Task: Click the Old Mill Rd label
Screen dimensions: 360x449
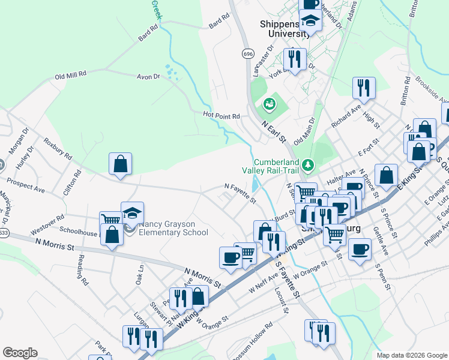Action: [x=71, y=75]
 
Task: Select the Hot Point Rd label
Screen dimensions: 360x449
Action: [x=221, y=115]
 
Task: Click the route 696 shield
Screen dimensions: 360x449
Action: [x=248, y=54]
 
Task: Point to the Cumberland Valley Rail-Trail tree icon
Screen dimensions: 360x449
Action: [x=308, y=164]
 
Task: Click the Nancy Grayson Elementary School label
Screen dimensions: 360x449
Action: [x=173, y=229]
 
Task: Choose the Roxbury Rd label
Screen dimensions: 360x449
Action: [x=58, y=149]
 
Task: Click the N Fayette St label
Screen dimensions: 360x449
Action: [x=240, y=193]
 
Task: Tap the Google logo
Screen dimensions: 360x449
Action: [x=20, y=353]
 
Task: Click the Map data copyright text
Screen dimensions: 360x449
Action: [x=411, y=355]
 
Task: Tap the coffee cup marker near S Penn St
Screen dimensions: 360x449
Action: [x=360, y=250]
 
